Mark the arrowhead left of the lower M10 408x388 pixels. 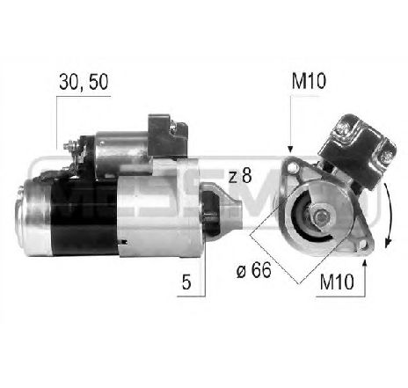[361, 260]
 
